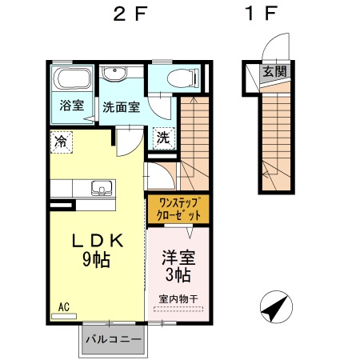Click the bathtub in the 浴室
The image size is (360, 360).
coord(72,78)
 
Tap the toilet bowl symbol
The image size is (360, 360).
coord(183,78)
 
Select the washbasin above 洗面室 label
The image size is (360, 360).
coord(114,74)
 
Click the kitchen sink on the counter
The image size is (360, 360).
coord(102,188)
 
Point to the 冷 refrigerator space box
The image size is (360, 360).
coord(62,142)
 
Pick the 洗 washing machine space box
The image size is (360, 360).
coord(164,138)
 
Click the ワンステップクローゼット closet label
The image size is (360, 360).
coord(178,209)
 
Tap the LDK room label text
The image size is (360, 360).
coord(98,240)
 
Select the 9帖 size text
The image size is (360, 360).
coord(96,259)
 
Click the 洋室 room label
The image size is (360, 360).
coord(178,258)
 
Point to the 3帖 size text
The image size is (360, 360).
coord(178,274)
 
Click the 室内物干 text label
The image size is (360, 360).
coord(178,299)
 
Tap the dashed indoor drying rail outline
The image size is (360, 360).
coord(178,309)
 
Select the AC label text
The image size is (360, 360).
coord(64,307)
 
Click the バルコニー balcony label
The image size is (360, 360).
coord(114,339)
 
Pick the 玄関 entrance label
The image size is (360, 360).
coord(275,71)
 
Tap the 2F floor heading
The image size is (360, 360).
coord(130,14)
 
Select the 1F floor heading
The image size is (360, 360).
coord(261,14)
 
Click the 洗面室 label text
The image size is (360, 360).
coord(122,107)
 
